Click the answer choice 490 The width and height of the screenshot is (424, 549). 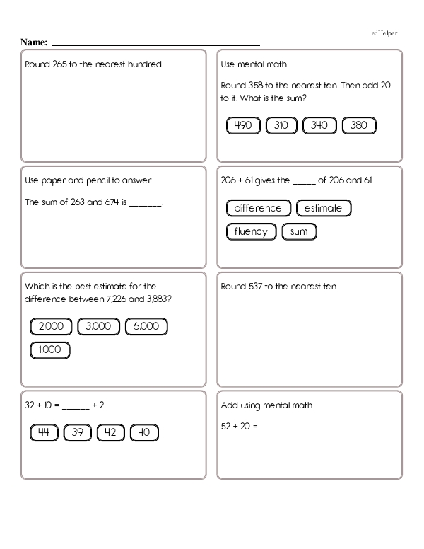[x=243, y=126]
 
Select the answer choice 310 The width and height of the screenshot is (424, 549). [x=281, y=126]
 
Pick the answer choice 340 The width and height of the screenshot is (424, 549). [x=319, y=126]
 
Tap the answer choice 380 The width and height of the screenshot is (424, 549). [x=359, y=126]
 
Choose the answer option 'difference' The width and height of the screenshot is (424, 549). [x=258, y=208]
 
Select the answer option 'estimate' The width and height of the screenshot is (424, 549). [x=324, y=208]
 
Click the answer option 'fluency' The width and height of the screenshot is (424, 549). [x=251, y=231]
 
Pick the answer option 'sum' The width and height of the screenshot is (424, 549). [x=299, y=231]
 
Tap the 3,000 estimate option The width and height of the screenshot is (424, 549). [x=99, y=326]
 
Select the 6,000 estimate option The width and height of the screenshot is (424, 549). [x=146, y=326]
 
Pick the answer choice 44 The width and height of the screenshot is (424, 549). [x=44, y=433]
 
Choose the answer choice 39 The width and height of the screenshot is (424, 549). [x=78, y=433]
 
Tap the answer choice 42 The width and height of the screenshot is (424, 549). [x=110, y=433]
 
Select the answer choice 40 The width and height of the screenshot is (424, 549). [x=143, y=433]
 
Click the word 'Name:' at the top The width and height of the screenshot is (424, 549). [x=33, y=42]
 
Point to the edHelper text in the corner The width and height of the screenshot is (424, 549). [x=384, y=33]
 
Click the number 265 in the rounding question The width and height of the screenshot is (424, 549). [x=59, y=64]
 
